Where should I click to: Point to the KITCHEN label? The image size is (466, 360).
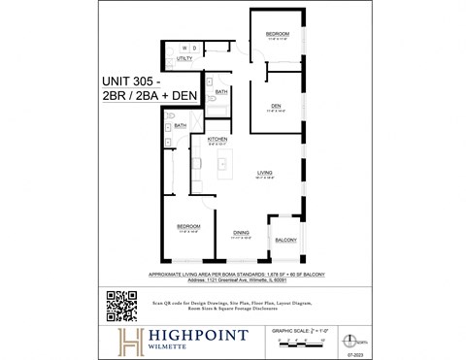(x=217, y=140)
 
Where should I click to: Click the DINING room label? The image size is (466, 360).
(x=241, y=232)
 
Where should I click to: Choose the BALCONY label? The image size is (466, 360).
(x=286, y=240)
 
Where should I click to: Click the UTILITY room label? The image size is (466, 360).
(x=185, y=59)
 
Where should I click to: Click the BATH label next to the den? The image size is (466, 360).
(x=221, y=91)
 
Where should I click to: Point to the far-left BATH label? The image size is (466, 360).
(x=181, y=125)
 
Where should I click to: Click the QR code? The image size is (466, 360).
(x=121, y=305)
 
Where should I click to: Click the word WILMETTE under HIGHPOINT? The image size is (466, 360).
(x=166, y=350)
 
